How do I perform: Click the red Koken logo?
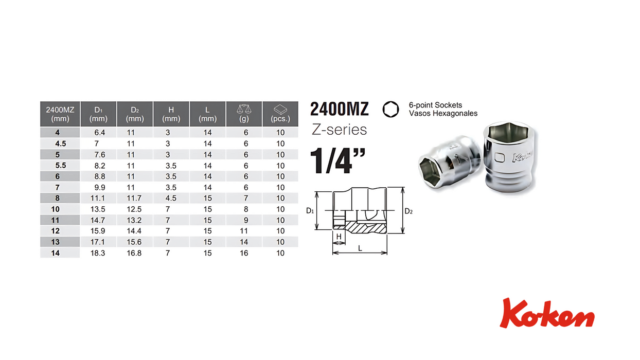pyautogui.click(x=547, y=313)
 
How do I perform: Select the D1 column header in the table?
pyautogui.click(x=98, y=114)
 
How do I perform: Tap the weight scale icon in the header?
pyautogui.click(x=244, y=109)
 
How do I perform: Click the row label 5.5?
pyautogui.click(x=61, y=166)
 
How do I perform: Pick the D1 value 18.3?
pyautogui.click(x=98, y=253)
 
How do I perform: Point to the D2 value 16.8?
pyautogui.click(x=134, y=253)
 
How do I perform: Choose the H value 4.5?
pyautogui.click(x=171, y=199)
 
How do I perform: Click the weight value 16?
pyautogui.click(x=244, y=253)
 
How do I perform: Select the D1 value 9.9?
pyautogui.click(x=100, y=187)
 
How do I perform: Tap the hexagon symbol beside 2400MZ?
pyautogui.click(x=390, y=110)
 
